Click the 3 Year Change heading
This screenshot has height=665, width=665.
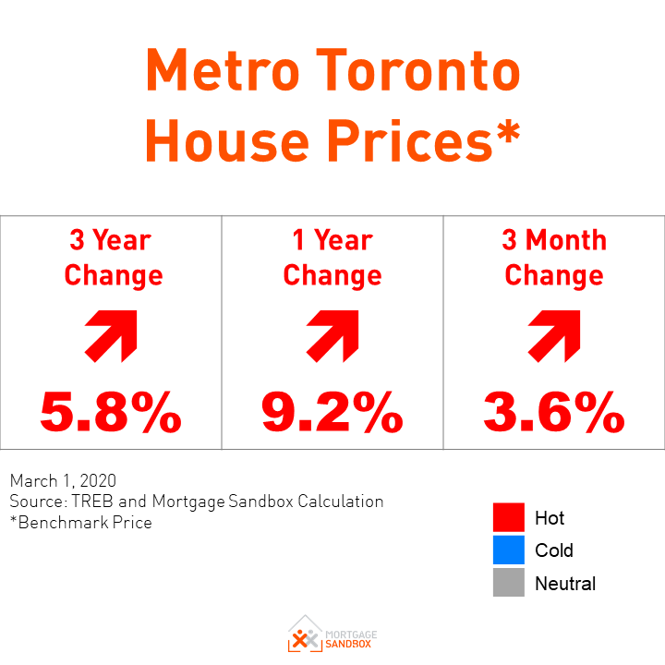(110, 258)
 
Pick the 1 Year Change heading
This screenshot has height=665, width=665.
(332, 258)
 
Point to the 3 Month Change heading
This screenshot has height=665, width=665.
(554, 258)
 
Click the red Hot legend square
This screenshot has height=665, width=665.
(508, 517)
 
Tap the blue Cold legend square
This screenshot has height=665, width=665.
(508, 550)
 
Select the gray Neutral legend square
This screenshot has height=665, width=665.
(508, 583)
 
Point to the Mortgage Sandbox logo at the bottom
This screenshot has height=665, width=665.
(332, 634)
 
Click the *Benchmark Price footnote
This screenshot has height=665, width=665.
(80, 522)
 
